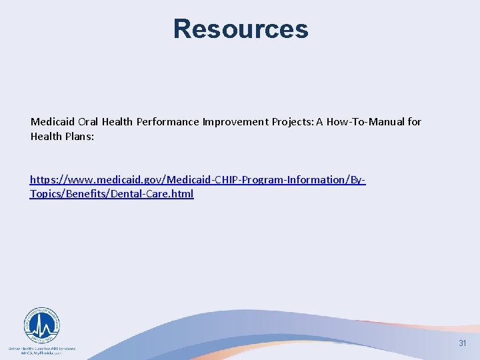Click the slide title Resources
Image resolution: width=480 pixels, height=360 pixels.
click(x=241, y=29)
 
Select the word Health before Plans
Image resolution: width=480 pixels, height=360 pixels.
click(x=45, y=135)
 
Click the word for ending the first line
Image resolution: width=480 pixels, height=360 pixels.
click(x=415, y=122)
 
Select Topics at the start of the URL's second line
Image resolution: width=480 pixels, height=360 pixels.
click(x=45, y=194)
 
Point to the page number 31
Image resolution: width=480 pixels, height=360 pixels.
click(x=462, y=343)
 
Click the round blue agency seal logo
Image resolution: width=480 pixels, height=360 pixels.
click(x=42, y=325)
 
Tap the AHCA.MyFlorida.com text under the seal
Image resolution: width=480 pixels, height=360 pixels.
click(x=42, y=353)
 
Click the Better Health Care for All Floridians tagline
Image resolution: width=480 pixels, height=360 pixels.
click(x=42, y=348)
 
